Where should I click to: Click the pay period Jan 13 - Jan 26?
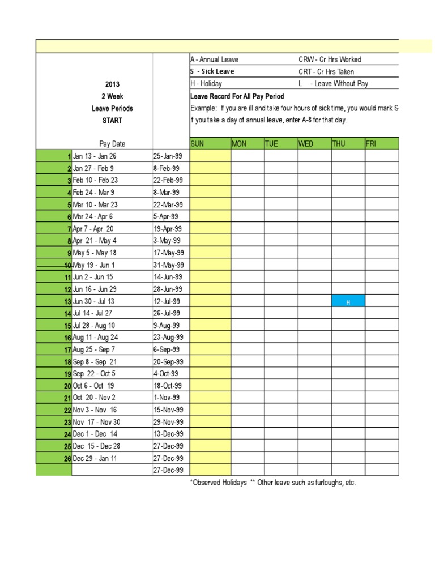coord(95,156)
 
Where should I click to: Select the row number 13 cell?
coord(54,301)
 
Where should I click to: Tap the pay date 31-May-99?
coord(168,265)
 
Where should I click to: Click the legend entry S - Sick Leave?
coord(212,71)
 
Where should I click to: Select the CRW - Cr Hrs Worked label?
coord(330,59)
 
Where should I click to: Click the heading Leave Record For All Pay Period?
coord(237,96)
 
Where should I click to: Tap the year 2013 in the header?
coord(112,84)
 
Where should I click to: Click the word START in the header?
coord(112,121)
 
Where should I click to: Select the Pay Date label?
coord(112,144)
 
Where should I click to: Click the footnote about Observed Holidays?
coord(273,483)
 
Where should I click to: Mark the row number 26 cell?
coord(54,458)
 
